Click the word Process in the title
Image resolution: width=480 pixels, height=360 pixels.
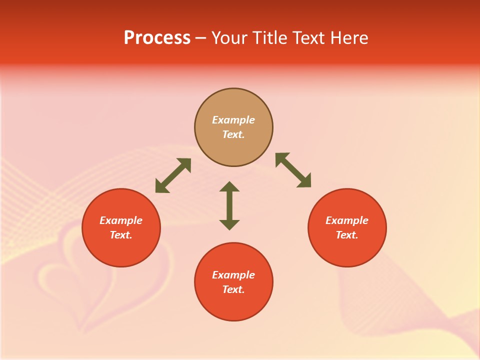click(157, 38)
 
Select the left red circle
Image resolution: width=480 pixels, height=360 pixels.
click(121, 250)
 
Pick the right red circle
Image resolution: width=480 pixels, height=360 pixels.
click(347, 250)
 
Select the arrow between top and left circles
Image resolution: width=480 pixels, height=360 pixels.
click(173, 175)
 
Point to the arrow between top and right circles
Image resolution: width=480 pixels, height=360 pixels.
click(293, 170)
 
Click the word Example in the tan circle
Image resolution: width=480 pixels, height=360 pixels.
click(233, 120)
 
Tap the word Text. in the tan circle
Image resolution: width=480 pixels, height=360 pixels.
click(233, 134)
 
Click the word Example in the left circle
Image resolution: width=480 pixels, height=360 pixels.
click(121, 220)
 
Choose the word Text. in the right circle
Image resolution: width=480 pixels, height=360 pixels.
click(347, 235)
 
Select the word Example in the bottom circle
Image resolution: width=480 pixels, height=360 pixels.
click(233, 275)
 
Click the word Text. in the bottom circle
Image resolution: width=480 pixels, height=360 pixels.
click(233, 289)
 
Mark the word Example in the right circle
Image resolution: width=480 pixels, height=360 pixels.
click(347, 220)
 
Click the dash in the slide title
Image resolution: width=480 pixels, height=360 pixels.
click(201, 38)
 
